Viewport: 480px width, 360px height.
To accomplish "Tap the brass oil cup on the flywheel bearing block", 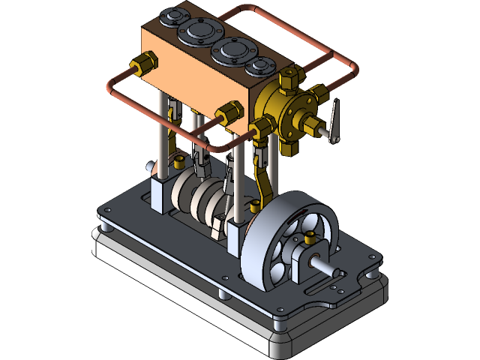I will [x=308, y=241].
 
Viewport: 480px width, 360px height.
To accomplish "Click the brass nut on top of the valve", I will [x=287, y=78].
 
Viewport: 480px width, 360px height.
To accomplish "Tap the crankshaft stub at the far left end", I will [x=151, y=166].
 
